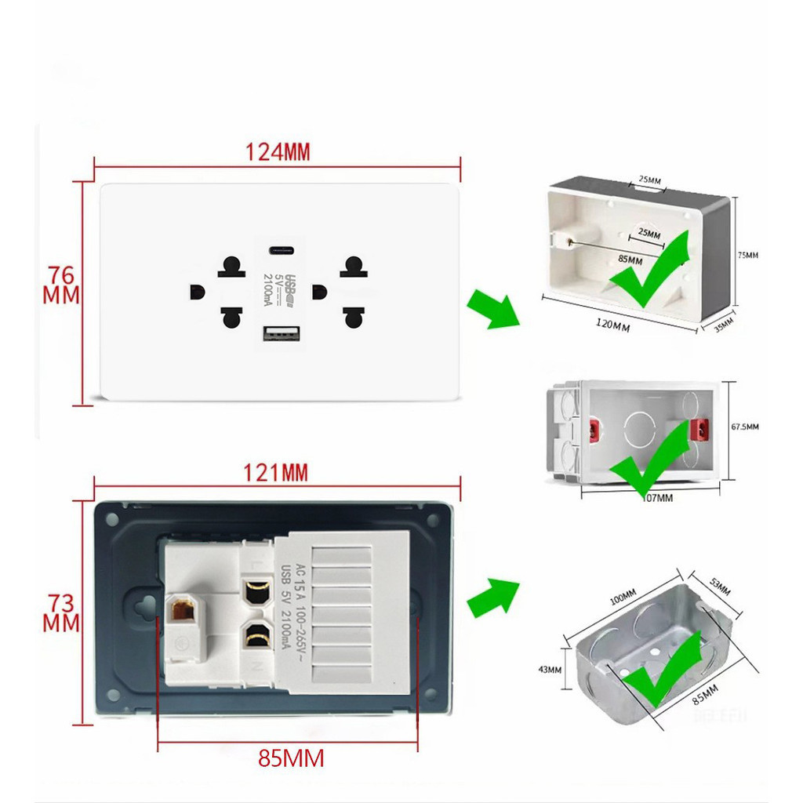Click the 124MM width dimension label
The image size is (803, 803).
[x=278, y=152]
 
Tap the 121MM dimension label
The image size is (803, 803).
[x=275, y=473]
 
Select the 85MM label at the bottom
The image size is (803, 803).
[x=291, y=758]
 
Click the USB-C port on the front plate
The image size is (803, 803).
[x=281, y=251]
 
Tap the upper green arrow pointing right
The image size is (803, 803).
[x=492, y=308]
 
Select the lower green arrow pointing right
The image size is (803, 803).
[x=492, y=601]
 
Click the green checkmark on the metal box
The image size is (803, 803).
[x=662, y=668]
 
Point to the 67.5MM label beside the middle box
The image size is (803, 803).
[x=744, y=427]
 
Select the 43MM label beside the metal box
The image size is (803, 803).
[x=550, y=670]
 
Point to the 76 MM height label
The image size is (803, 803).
[x=61, y=285]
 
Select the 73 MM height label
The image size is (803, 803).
[x=61, y=613]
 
